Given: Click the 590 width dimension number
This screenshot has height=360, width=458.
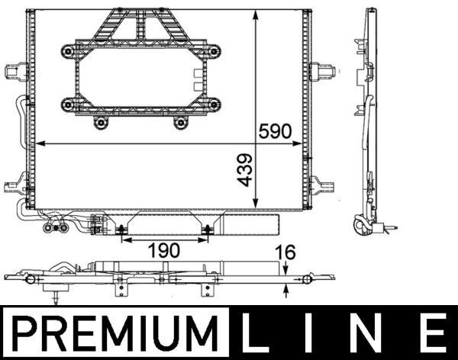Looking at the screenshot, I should tap(275, 130).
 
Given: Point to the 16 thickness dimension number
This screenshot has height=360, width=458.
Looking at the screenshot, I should tap(285, 252).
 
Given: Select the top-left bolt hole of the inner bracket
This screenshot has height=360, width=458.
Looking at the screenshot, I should tap(67, 51).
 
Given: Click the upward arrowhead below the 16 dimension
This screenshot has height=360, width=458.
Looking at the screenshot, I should tap(285, 288).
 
